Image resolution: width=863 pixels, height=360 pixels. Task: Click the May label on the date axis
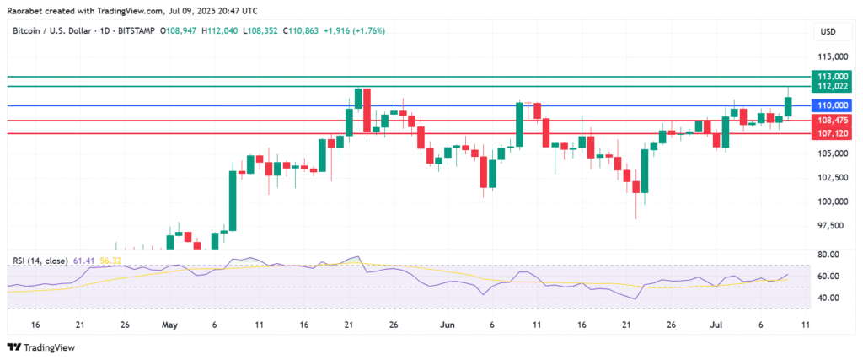coord(170,324)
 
